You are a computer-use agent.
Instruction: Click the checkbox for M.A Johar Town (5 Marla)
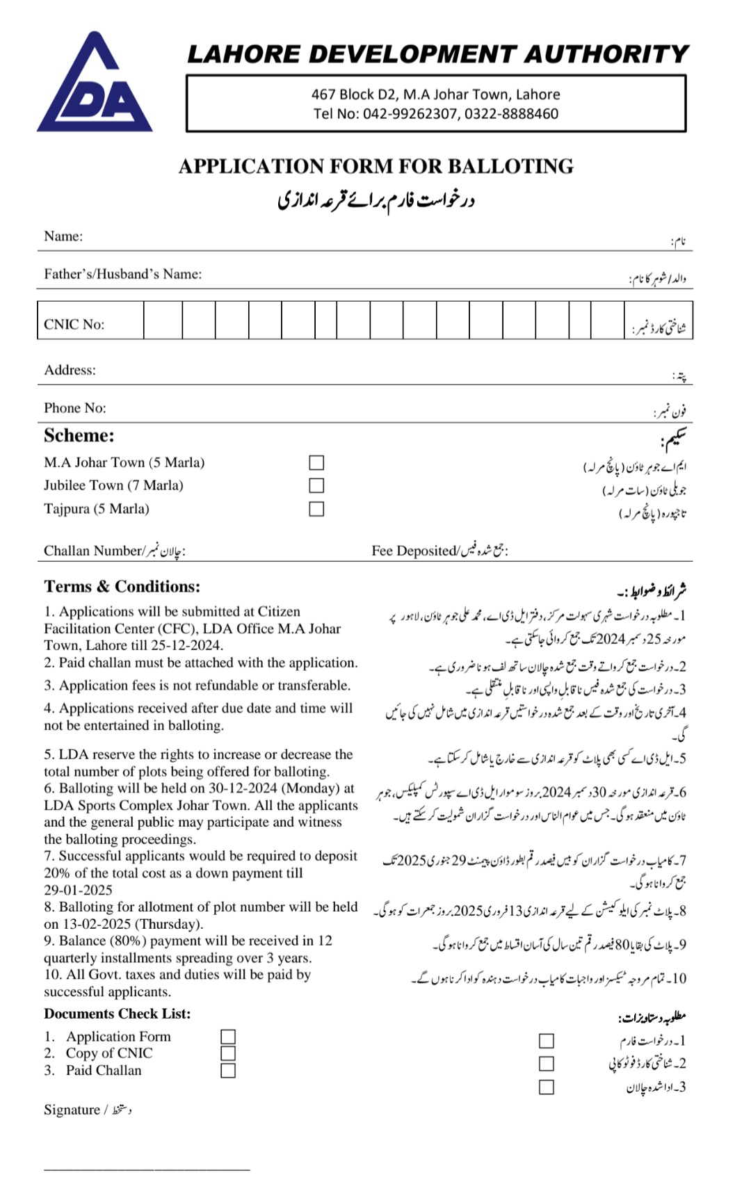316,463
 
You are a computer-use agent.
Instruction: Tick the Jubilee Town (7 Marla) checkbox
316,485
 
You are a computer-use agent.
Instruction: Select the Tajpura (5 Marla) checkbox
316,509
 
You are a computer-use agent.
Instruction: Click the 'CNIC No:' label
74,325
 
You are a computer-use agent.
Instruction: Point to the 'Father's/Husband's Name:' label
122,274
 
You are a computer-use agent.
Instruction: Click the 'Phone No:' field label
75,408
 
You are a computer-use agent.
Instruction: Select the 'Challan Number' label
92,551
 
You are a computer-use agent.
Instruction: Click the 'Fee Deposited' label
414,551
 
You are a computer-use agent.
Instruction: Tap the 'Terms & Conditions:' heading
122,587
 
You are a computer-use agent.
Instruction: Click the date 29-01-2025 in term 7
78,890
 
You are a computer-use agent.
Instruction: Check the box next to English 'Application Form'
228,1037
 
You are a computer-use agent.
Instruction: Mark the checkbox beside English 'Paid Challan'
228,1071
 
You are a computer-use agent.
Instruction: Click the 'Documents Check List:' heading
117,1014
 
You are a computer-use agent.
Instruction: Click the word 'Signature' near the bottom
72,1110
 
